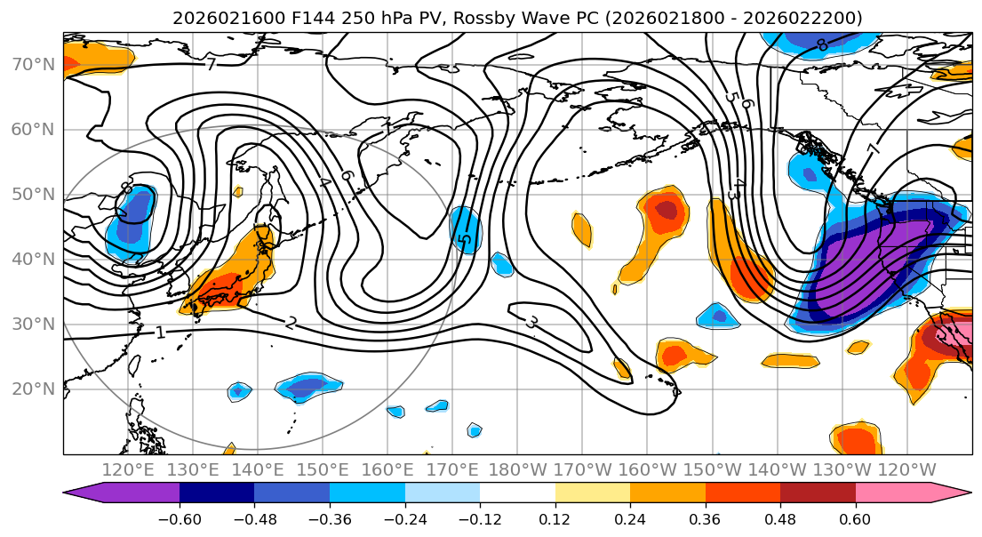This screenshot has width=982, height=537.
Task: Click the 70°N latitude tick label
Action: pos(32,64)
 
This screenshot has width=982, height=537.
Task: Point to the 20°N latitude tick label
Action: pos(32,389)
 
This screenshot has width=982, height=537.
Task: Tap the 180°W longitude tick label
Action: pos(516,469)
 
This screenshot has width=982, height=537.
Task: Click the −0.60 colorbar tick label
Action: pos(180,518)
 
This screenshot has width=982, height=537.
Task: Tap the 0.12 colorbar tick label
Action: pos(555,518)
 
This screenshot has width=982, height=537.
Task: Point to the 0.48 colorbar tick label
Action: pos(780,518)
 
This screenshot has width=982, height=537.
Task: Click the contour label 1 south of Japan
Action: pos(160,333)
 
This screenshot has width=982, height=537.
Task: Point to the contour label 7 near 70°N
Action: pos(211,65)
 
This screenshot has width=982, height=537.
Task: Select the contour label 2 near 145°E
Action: pos(291,323)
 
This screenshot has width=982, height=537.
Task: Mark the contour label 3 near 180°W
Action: pos(531,322)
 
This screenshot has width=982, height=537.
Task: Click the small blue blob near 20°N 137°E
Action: pos(238,391)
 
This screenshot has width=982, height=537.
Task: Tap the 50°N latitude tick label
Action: pos(32,194)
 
